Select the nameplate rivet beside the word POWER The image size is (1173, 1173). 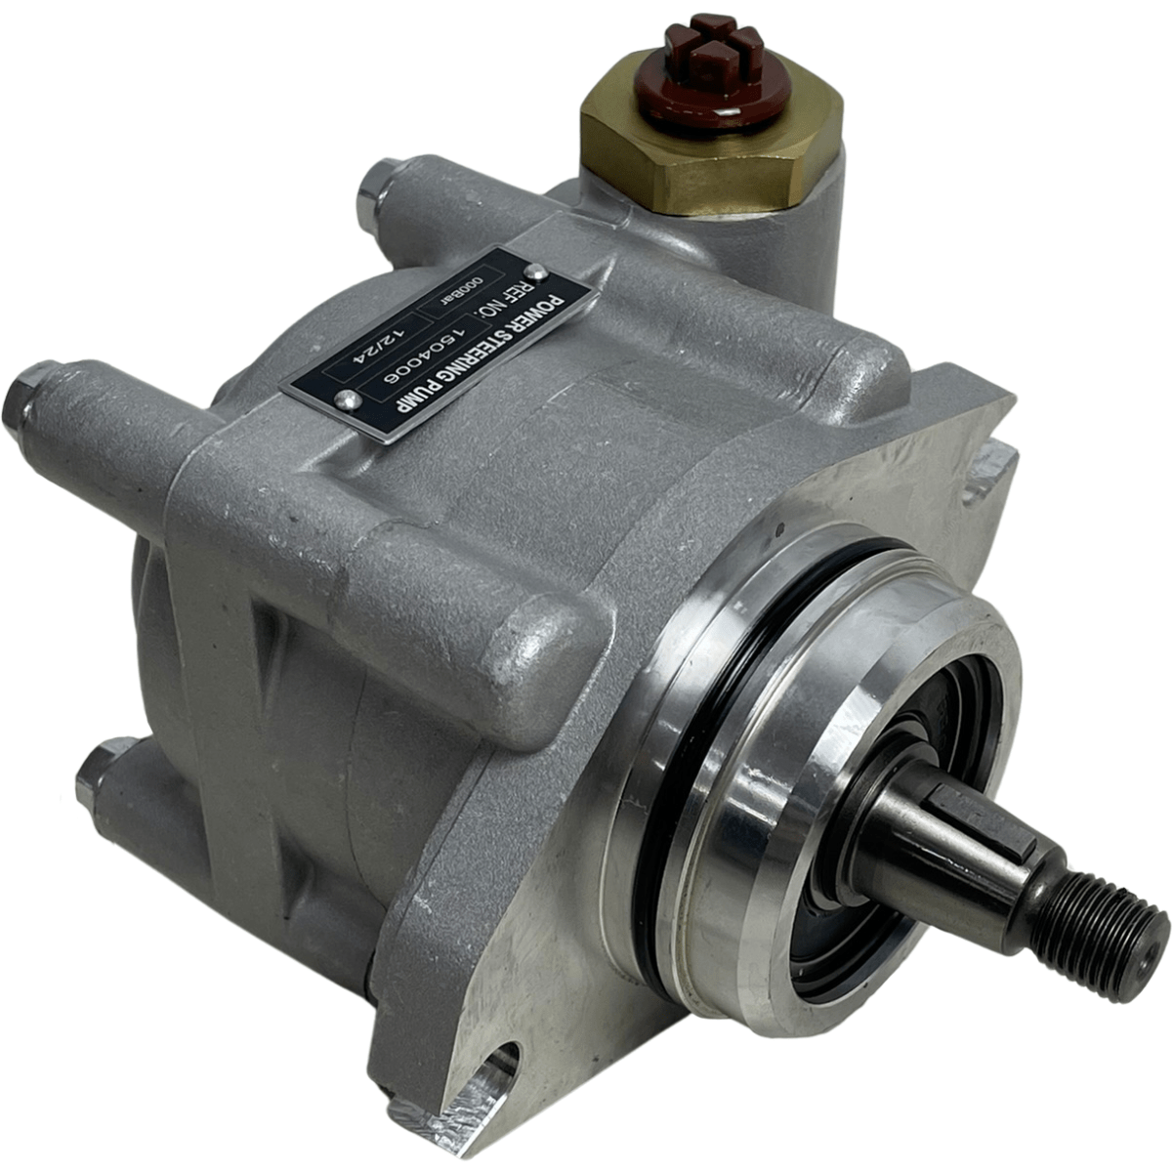[x=534, y=270]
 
